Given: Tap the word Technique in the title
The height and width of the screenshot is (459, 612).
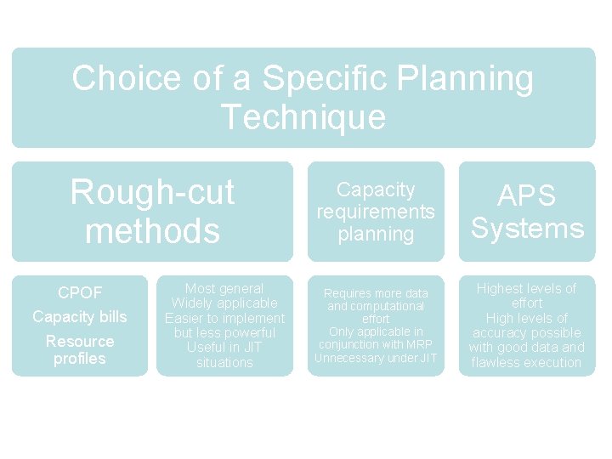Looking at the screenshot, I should (x=303, y=117).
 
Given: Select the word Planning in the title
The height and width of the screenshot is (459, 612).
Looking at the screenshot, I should (x=467, y=79).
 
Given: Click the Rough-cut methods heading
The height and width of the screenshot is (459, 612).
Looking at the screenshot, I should (x=152, y=211).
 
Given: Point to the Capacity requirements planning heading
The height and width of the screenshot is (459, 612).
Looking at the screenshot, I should (x=376, y=212).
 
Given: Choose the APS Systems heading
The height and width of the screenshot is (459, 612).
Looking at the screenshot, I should (x=528, y=212).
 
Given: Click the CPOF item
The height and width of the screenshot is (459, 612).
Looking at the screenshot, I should (x=80, y=293).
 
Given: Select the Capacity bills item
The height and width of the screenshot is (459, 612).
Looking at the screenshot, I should (x=80, y=317).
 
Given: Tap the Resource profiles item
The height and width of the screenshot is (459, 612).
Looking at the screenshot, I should (x=80, y=349).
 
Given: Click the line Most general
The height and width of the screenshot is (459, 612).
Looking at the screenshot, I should (x=224, y=289).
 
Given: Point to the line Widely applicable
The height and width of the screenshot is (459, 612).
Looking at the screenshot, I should (x=224, y=303).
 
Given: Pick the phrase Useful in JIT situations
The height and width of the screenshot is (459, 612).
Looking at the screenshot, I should (x=224, y=355).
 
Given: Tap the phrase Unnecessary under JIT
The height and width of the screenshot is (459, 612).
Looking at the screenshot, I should (x=376, y=358).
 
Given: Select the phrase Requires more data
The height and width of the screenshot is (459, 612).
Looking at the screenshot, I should (x=376, y=293).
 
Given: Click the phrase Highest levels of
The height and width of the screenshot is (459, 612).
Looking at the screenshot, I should (x=527, y=289).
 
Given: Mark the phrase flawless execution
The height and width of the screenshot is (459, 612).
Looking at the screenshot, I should (x=527, y=363).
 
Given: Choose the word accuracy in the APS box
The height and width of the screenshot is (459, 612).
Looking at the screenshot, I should (x=500, y=333).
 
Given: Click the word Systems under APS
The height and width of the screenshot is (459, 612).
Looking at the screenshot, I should (x=528, y=229).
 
